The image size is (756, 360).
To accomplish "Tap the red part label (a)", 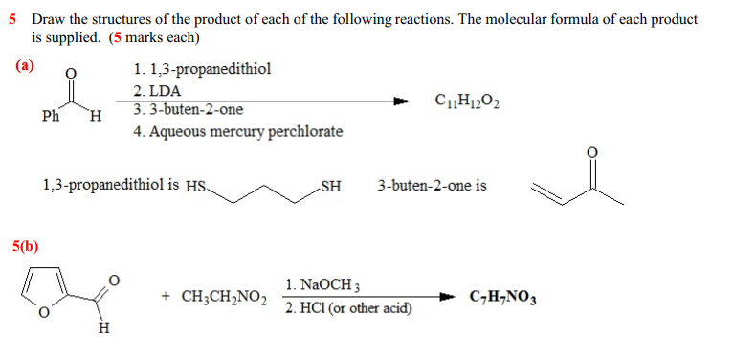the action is [24, 66].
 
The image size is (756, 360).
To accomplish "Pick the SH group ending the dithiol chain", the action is [330, 186].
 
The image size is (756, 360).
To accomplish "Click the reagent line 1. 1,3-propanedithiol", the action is [202, 69].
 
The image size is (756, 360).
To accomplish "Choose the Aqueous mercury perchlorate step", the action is [237, 131].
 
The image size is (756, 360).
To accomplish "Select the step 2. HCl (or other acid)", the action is [348, 307].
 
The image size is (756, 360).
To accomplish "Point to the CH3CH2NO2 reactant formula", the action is [212, 297].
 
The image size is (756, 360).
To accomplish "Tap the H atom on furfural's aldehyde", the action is [104, 330].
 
